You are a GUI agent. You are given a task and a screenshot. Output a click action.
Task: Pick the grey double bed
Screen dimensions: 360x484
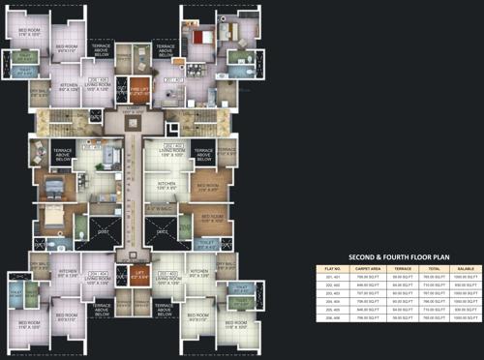[52, 183]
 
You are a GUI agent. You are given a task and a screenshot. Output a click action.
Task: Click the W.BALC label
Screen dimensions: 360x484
[158, 207]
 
